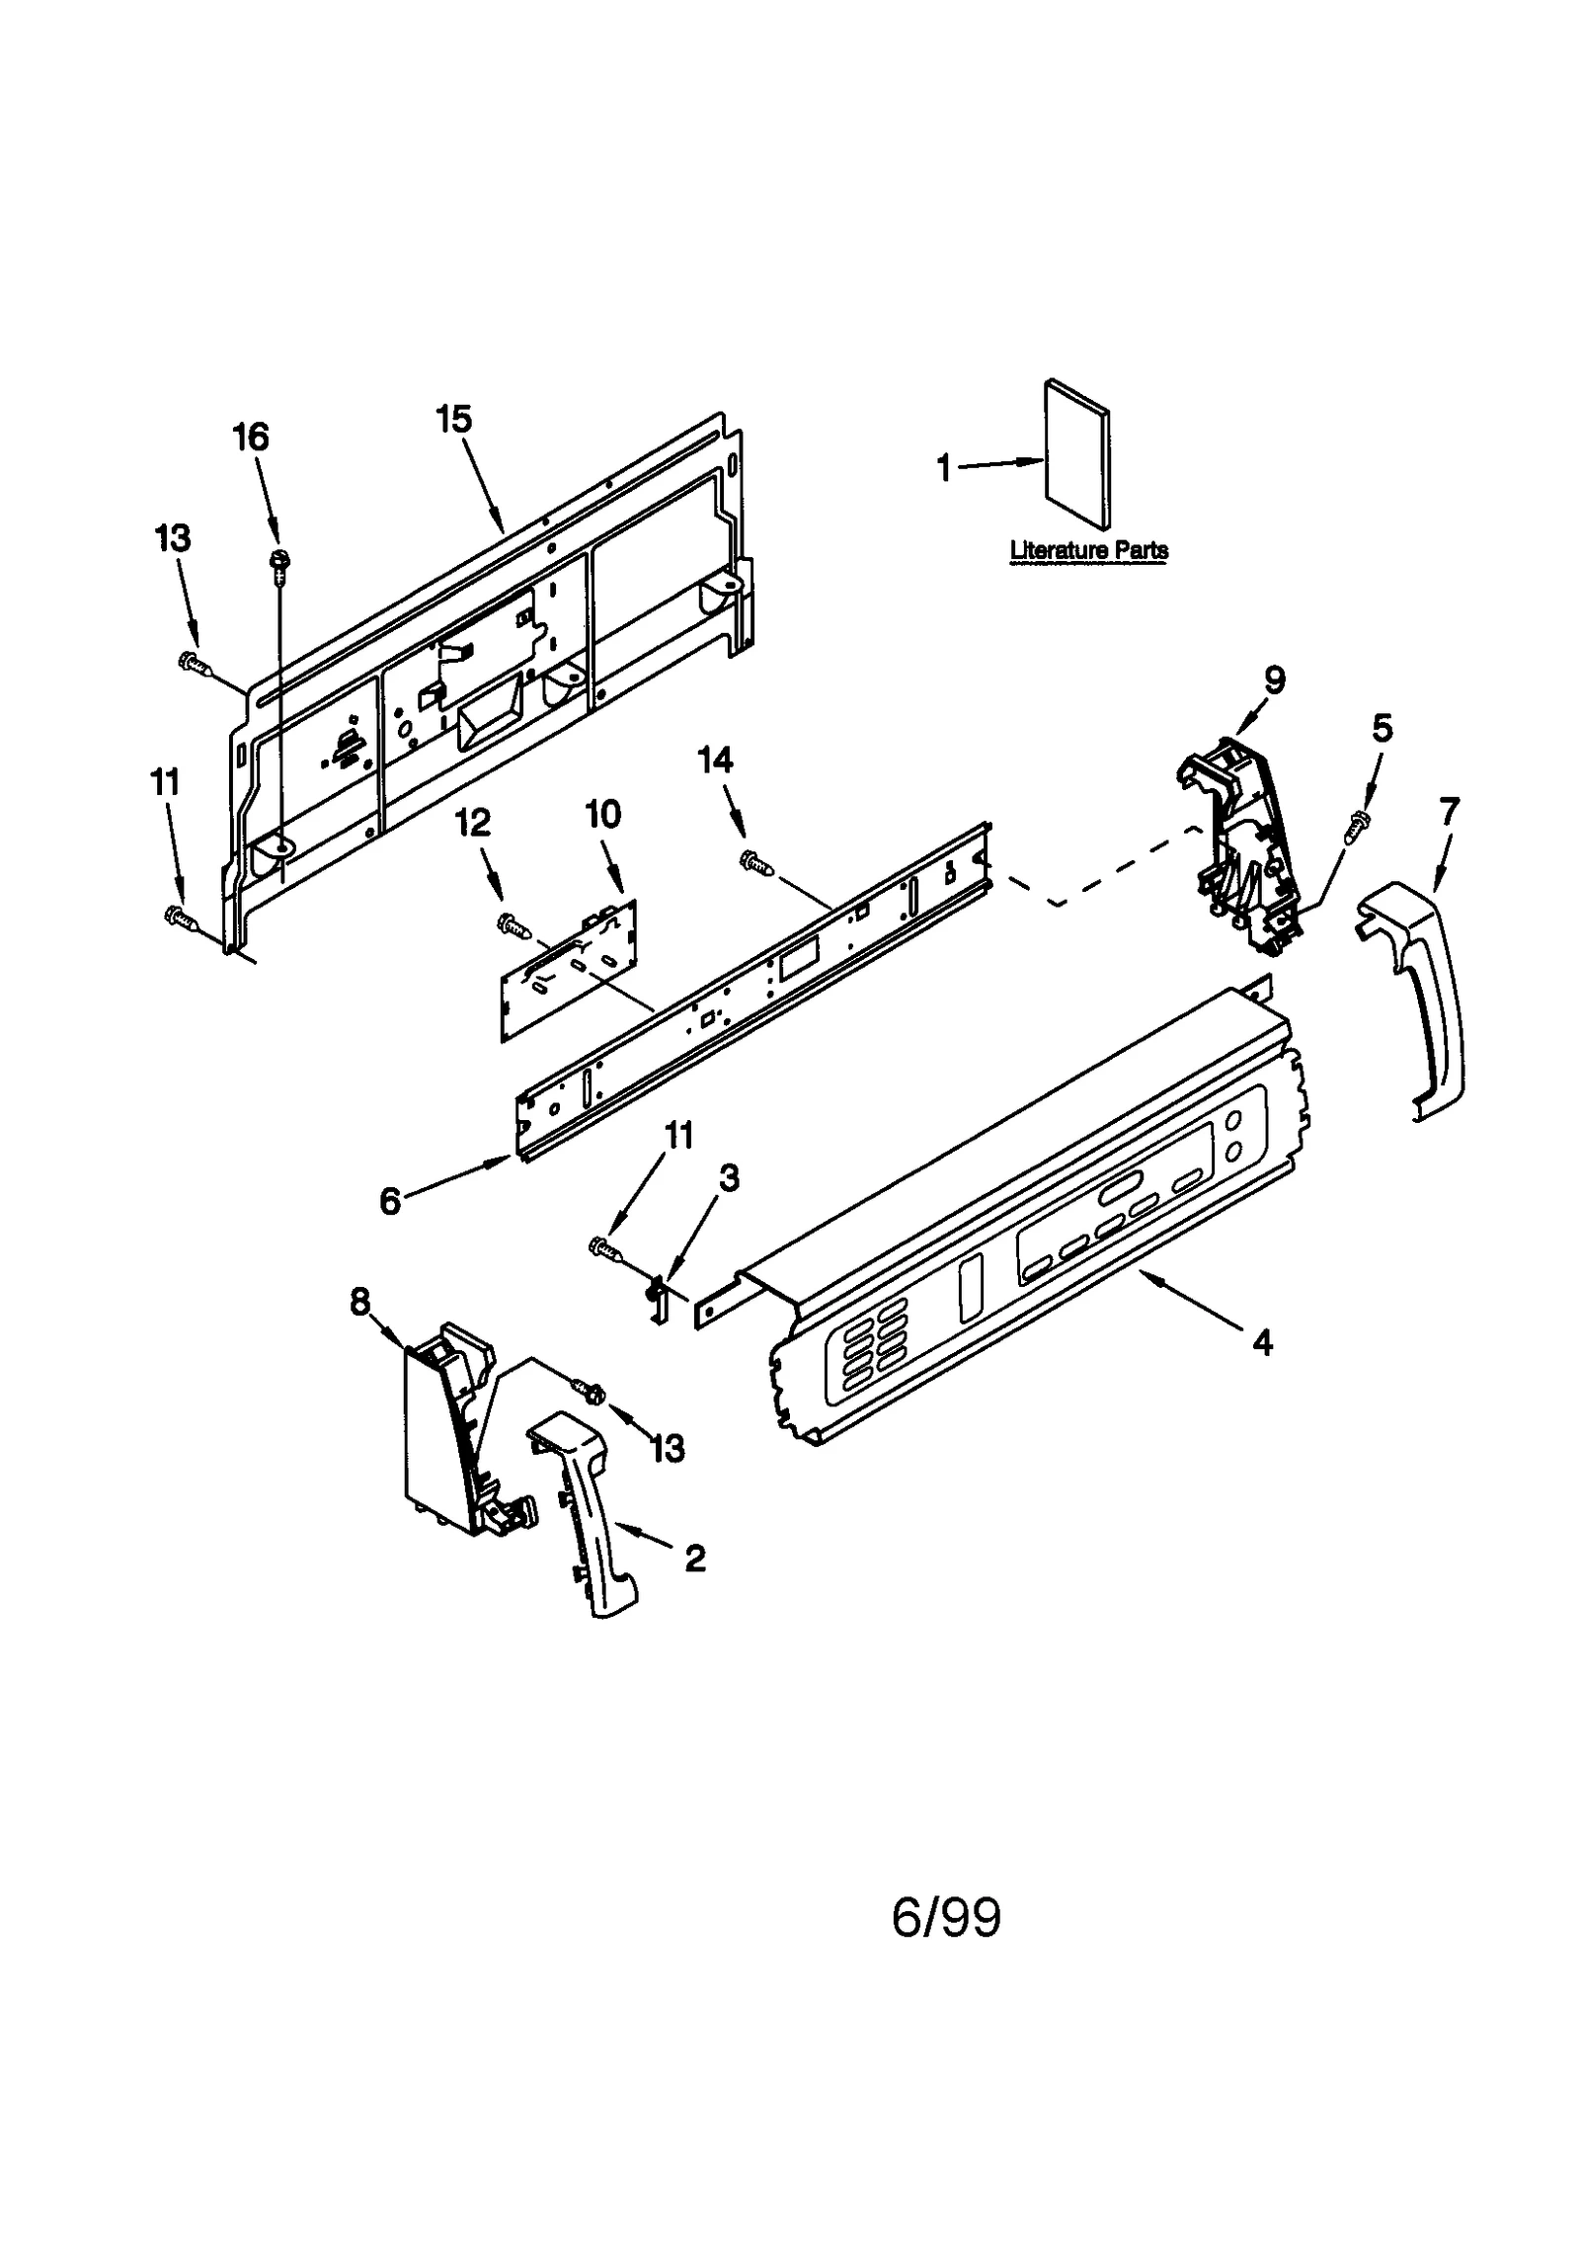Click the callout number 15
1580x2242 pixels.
point(454,419)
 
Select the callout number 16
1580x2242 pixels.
point(251,437)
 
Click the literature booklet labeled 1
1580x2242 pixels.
point(1076,453)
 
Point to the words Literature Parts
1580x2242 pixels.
point(1088,550)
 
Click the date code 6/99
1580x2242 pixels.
point(946,1917)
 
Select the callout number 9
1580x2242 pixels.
point(1274,680)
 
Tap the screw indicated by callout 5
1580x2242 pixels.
point(1359,824)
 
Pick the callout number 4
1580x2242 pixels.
point(1262,1341)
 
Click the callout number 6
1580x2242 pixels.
point(390,1201)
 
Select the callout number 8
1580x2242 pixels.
point(359,1302)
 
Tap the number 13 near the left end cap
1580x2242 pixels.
point(668,1449)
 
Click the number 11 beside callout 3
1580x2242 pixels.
point(678,1135)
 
